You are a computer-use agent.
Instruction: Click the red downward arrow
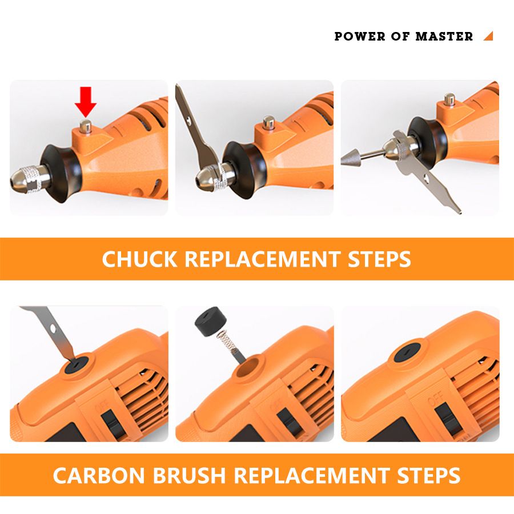tap(86, 102)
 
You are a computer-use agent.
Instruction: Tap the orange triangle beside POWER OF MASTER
tap(489, 37)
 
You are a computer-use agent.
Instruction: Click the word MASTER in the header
tap(444, 36)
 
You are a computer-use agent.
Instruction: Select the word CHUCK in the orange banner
tap(140, 259)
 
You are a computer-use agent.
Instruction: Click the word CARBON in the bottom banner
tap(99, 475)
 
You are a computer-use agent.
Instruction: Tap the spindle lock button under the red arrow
tap(86, 126)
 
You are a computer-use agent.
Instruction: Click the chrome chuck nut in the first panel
tap(29, 179)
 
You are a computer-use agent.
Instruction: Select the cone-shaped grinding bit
tap(351, 158)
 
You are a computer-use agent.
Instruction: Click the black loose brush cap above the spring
tap(207, 322)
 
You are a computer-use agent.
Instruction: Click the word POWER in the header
tap(360, 36)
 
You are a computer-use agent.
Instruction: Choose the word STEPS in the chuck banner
tap(379, 259)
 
